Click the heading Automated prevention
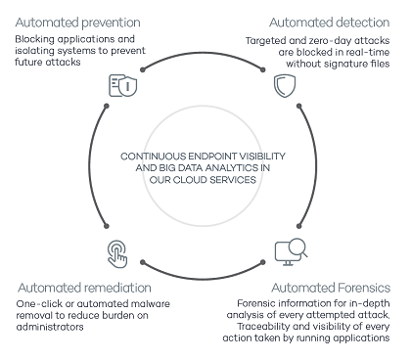click(x=77, y=22)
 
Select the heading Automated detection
click(x=330, y=22)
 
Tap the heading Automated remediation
click(x=84, y=288)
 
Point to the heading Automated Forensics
click(x=331, y=288)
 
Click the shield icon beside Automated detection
click(x=285, y=86)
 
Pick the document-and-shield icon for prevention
click(x=122, y=85)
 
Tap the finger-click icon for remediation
click(x=117, y=254)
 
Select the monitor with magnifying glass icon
click(x=291, y=251)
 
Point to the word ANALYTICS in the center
click(x=226, y=168)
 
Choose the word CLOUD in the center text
click(x=190, y=180)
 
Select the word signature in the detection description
click(x=340, y=64)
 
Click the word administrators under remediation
click(x=50, y=327)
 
